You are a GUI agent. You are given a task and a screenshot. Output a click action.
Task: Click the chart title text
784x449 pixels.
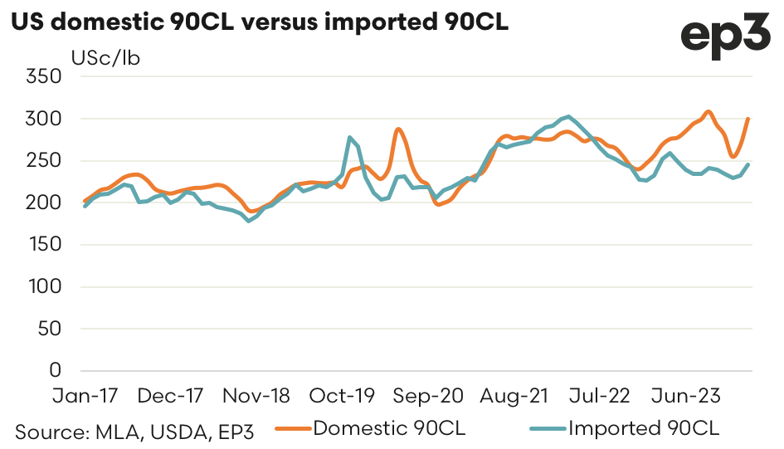point(259,22)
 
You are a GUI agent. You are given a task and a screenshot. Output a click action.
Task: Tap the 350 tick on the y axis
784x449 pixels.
point(45,77)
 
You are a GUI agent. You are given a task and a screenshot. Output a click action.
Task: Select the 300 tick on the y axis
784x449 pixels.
point(45,119)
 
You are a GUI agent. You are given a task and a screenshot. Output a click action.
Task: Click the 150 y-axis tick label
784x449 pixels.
point(45,245)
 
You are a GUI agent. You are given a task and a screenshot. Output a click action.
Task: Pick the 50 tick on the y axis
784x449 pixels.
point(51,329)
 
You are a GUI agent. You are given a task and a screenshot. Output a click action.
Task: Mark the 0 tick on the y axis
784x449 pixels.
point(56,370)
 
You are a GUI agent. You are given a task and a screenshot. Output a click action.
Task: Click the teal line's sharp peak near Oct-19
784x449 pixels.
point(349,137)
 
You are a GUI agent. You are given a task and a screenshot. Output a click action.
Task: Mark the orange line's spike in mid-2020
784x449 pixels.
point(399,129)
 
